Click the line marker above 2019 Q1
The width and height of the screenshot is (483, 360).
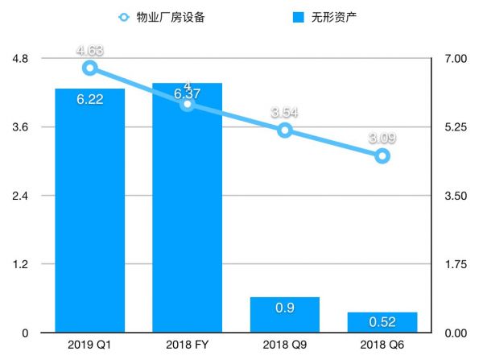[89, 68]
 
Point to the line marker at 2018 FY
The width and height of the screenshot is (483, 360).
[187, 103]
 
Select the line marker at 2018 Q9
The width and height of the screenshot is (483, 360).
[284, 130]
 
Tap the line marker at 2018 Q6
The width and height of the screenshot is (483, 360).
[382, 155]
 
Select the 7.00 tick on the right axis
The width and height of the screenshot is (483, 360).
[455, 59]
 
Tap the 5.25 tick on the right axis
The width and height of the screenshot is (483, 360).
[455, 127]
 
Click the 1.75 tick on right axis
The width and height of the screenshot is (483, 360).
[455, 264]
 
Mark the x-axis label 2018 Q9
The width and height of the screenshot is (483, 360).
[284, 346]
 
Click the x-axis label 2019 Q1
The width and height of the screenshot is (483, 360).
[89, 346]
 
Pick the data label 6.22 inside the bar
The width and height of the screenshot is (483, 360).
[89, 100]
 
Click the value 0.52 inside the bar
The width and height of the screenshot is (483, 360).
[382, 323]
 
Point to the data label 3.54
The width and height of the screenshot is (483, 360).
[284, 112]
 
